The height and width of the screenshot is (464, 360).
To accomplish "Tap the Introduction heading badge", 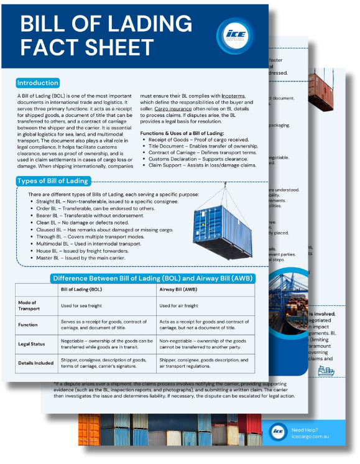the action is [x=38, y=83].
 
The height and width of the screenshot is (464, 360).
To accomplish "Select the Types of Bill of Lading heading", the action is [x=52, y=181].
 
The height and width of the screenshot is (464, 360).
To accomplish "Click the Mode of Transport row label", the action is [x=30, y=305].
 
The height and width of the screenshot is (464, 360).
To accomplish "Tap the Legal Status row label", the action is [x=30, y=345].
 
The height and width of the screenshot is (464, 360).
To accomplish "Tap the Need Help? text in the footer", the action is [x=307, y=430].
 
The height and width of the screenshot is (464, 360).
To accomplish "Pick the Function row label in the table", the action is [x=28, y=324].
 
